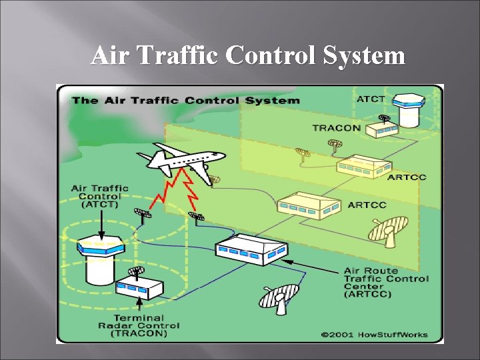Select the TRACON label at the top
click(x=336, y=127)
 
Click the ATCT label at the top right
click(x=371, y=99)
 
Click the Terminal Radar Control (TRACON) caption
click(x=138, y=325)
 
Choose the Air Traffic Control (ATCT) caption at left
click(x=99, y=196)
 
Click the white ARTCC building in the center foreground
click(x=251, y=249)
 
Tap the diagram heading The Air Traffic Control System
click(x=185, y=101)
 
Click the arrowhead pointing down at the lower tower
click(x=101, y=233)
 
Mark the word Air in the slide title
click(x=110, y=56)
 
